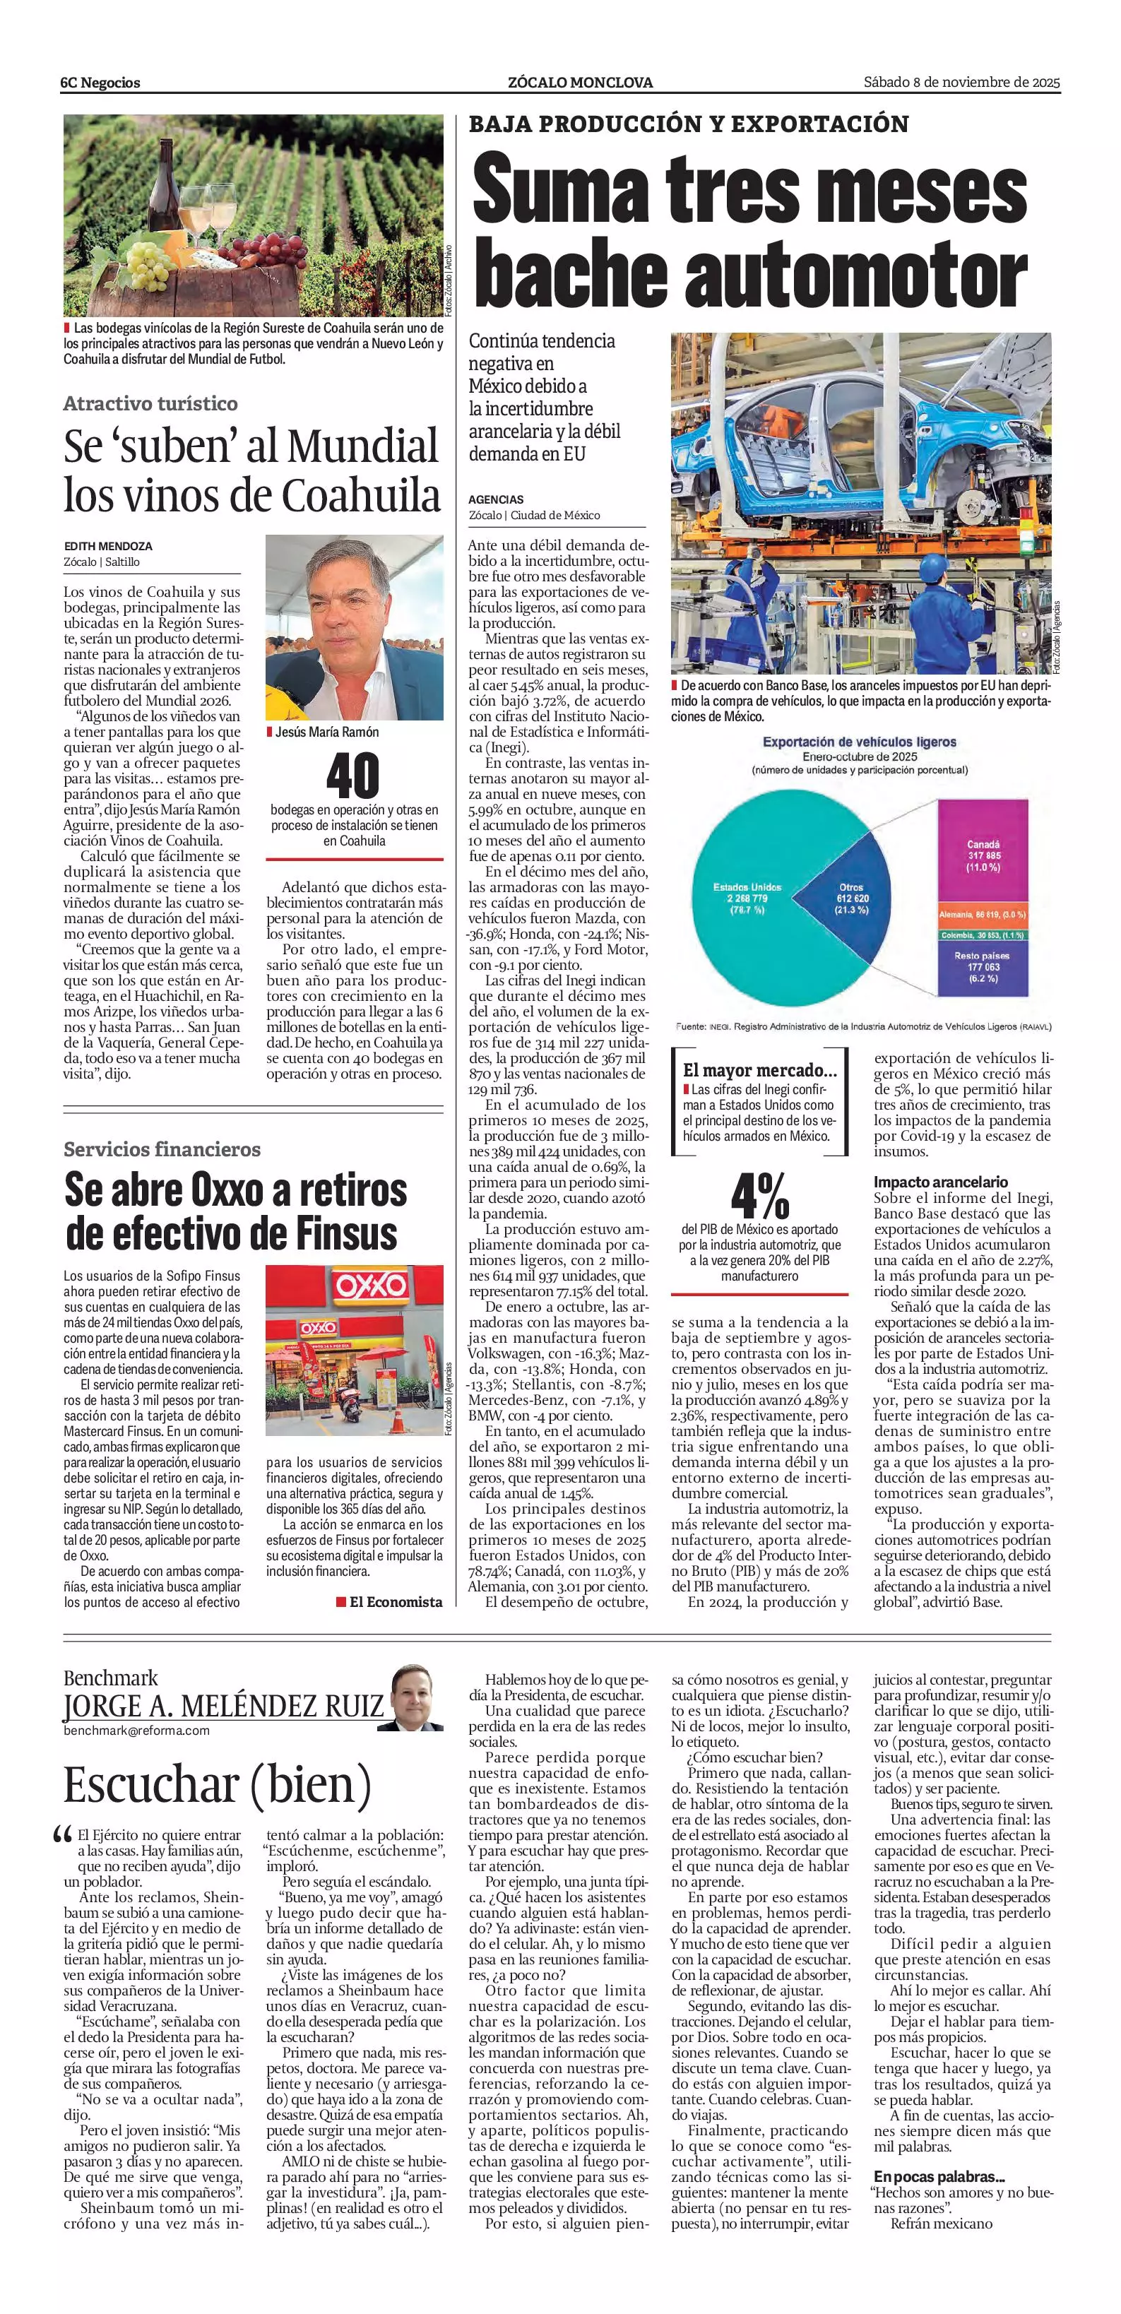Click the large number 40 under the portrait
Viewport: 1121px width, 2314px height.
click(x=353, y=776)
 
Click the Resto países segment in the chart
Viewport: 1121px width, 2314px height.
click(x=983, y=966)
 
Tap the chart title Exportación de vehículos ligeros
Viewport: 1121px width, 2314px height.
click(x=860, y=742)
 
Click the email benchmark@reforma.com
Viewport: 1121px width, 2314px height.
click(x=136, y=1730)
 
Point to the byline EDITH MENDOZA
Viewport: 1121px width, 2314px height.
click(x=108, y=545)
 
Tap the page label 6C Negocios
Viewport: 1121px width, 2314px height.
click(x=100, y=83)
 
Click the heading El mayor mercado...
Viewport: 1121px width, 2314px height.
click(x=760, y=1070)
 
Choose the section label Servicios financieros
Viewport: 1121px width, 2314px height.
click(x=162, y=1149)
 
